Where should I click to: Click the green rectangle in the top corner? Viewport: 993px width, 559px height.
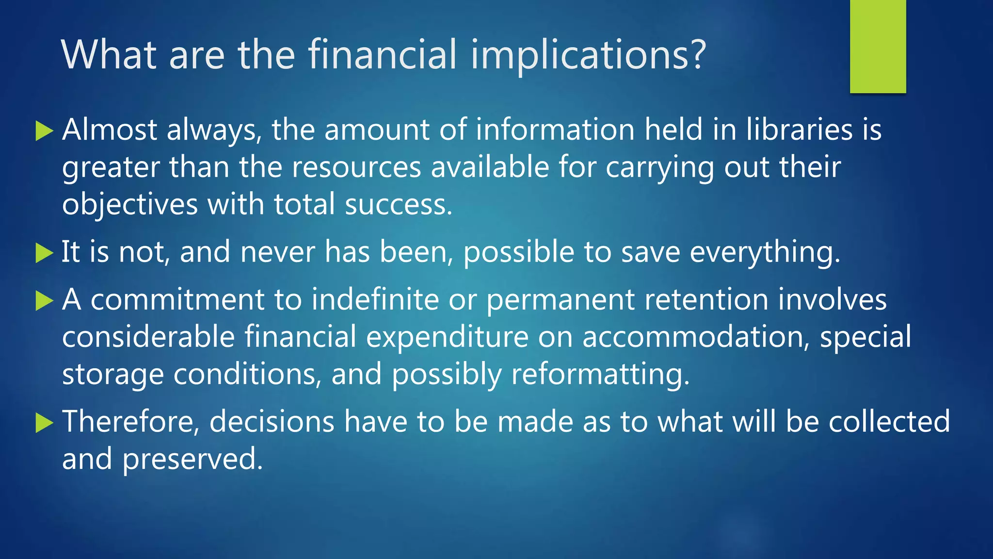pos(878,46)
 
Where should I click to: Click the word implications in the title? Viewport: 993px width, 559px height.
pos(588,54)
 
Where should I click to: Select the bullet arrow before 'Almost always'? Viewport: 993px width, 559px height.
pos(44,131)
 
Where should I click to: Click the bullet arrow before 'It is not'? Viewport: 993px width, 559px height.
pos(44,253)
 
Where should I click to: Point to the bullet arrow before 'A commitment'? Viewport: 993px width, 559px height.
pos(44,300)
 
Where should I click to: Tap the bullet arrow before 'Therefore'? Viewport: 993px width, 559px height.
pos(44,422)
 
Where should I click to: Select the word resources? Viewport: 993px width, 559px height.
pos(356,167)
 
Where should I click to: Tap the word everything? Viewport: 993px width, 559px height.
pos(765,253)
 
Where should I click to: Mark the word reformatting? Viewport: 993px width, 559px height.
pos(600,375)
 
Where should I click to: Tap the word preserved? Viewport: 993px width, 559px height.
pos(192,459)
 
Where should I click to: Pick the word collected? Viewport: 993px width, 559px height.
pos(889,421)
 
